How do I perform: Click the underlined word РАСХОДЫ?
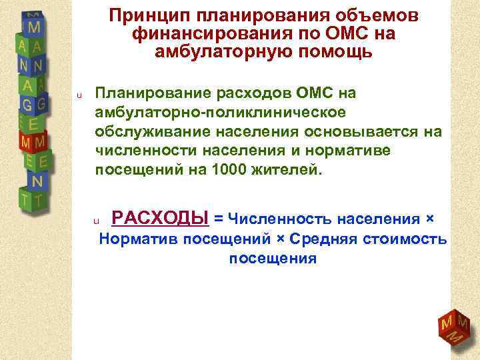[x=159, y=217]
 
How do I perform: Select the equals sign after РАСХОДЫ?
[x=217, y=219]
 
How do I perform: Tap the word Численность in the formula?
[x=273, y=219]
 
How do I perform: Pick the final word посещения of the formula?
[x=273, y=258]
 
